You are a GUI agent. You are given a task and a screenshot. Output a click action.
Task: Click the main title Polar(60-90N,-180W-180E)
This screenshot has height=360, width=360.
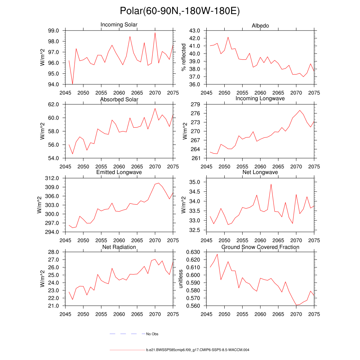[180, 11]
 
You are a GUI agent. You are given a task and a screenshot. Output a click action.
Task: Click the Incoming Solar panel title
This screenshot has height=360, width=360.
[119, 25]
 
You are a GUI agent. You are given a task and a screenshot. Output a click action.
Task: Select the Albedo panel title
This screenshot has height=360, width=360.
[260, 26]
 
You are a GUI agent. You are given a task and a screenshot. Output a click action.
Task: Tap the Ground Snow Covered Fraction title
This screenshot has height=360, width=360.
[260, 247]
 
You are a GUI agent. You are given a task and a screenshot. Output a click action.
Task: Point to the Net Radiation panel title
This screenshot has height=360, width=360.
[119, 247]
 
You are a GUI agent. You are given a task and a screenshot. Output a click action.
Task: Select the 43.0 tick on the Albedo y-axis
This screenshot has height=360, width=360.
[195, 31]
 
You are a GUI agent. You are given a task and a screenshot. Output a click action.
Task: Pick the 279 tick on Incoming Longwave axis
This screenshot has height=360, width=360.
[196, 104]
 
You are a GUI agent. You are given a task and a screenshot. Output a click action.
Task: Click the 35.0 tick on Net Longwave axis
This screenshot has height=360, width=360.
[195, 182]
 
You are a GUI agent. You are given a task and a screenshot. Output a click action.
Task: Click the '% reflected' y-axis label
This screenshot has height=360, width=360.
[183, 57]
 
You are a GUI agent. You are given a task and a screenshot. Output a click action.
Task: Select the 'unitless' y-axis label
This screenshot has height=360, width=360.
[181, 279]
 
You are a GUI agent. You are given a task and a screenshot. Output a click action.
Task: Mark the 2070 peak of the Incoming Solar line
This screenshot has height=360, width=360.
[155, 33]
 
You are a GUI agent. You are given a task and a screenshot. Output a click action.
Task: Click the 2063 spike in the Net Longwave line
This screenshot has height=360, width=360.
[271, 184]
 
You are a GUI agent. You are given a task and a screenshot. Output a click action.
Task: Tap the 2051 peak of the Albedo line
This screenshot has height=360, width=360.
[228, 37]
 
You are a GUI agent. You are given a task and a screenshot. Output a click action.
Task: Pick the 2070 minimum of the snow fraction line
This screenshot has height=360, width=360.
[296, 305]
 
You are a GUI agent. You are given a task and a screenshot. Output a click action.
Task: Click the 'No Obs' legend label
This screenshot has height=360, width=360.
[152, 334]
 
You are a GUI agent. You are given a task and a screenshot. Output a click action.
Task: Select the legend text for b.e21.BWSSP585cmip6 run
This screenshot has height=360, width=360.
[198, 350]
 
